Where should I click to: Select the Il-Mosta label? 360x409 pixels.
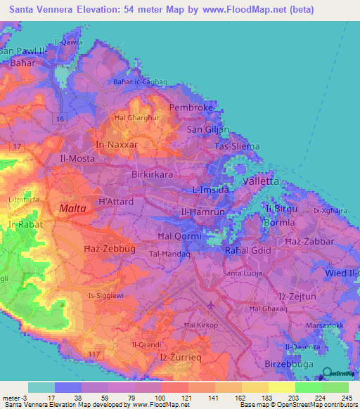coord(78,159)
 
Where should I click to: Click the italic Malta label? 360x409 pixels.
coord(72,209)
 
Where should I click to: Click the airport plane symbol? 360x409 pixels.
coord(212,304)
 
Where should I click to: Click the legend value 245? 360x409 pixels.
coord(346,398)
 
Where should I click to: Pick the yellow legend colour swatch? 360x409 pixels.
coord(281,387)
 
